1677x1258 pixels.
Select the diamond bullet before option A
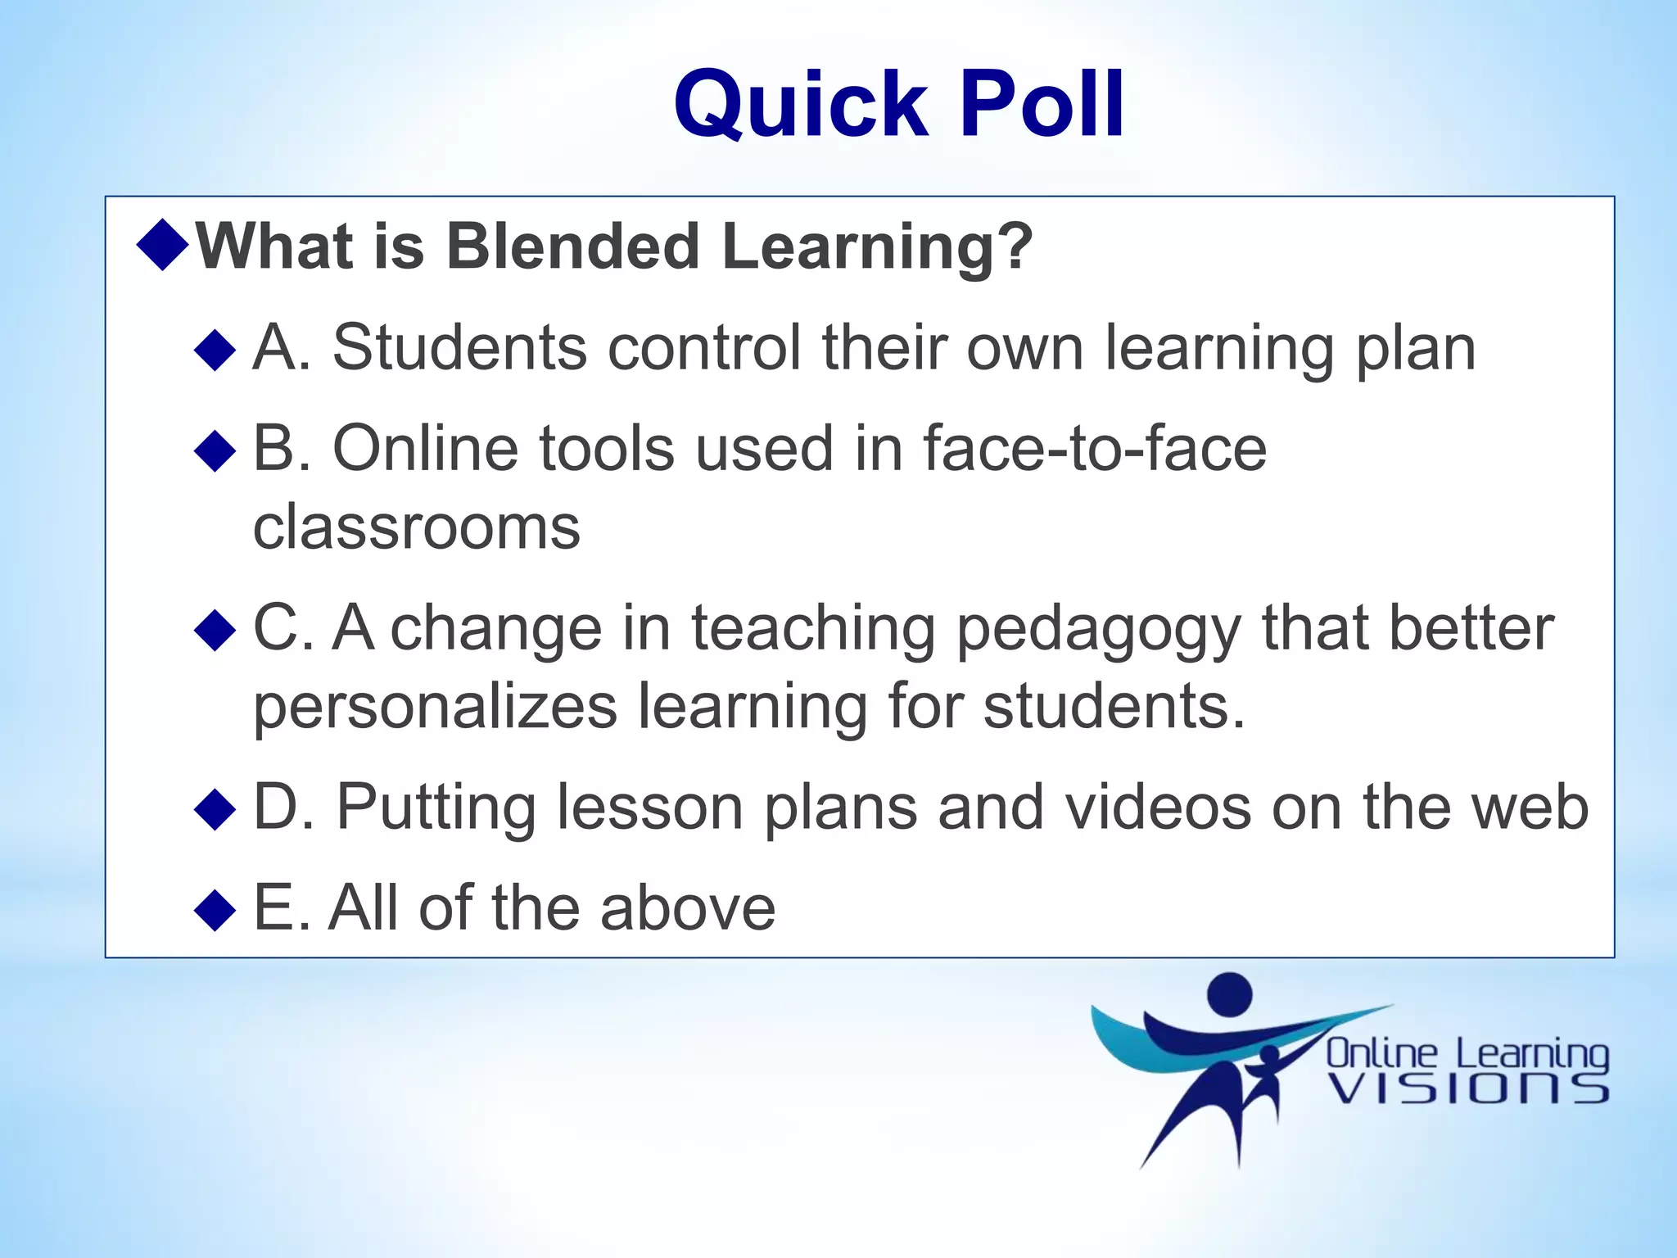coord(215,351)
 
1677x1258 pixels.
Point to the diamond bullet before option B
coord(215,451)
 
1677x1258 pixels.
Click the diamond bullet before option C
coord(215,631)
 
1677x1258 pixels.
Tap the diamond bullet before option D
coord(215,810)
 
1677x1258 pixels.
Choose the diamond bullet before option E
coord(215,911)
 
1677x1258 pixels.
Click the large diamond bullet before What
coord(164,244)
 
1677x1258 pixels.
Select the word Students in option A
coord(459,347)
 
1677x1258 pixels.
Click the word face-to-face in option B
coord(1095,449)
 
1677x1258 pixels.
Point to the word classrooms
coord(417,527)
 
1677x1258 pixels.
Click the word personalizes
coord(435,706)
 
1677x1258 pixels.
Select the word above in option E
coord(687,908)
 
